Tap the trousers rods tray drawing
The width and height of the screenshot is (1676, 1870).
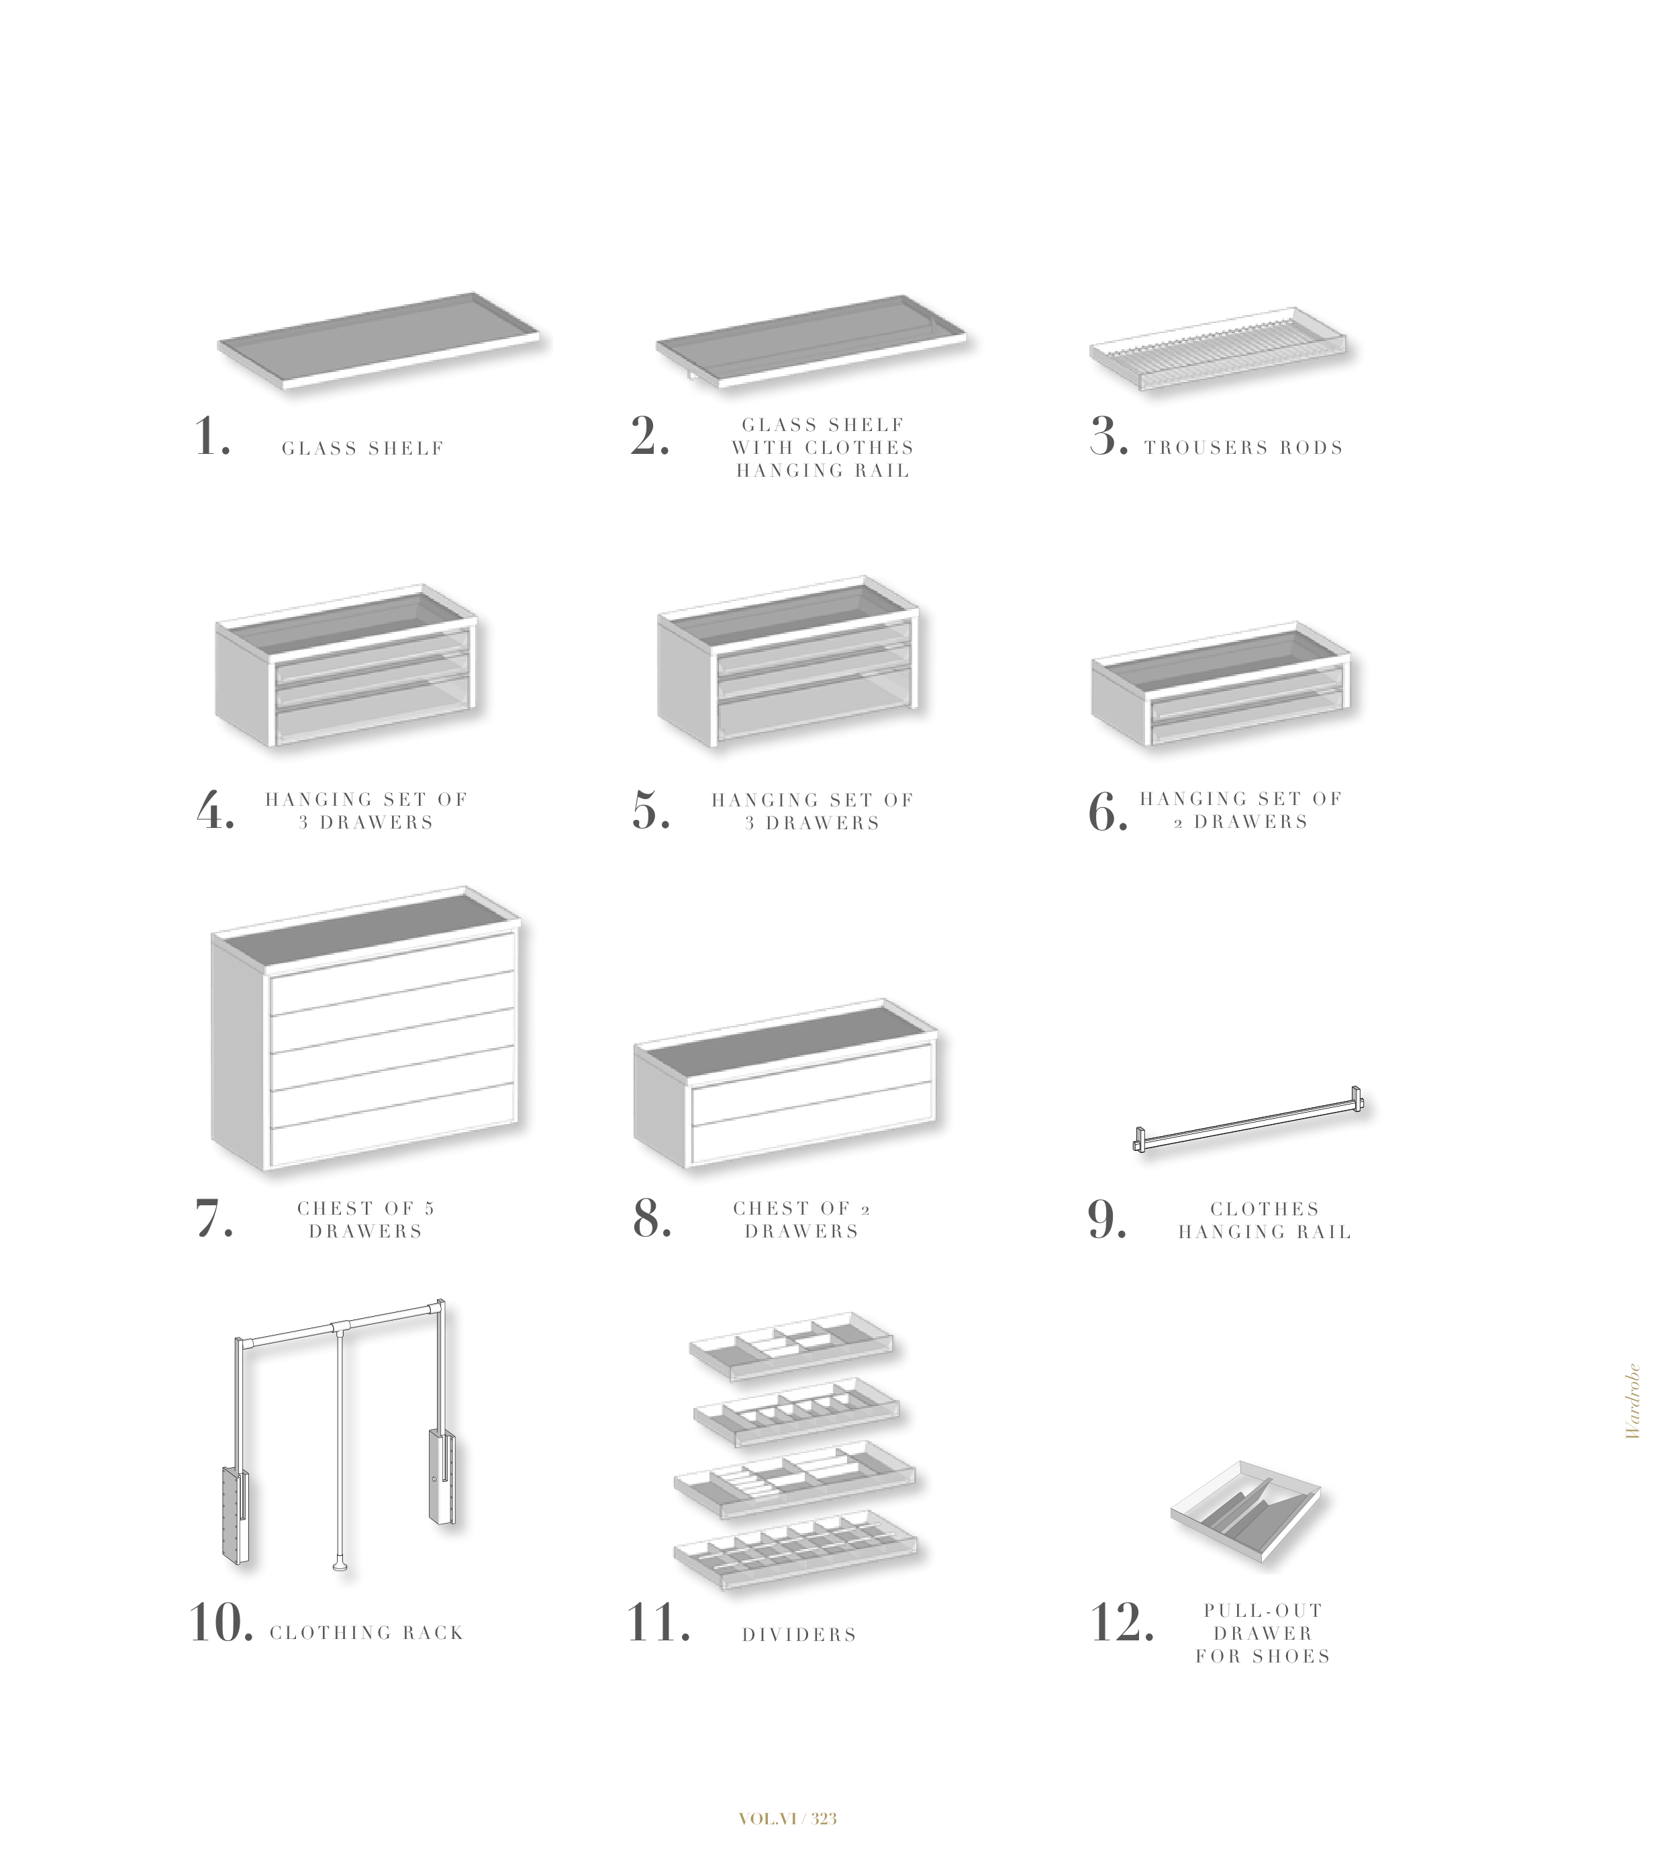point(1218,348)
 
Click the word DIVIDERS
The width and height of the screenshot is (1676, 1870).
point(799,1634)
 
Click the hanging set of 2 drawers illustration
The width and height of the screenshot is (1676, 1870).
point(1223,683)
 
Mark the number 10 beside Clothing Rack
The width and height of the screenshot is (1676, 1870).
point(221,1623)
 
